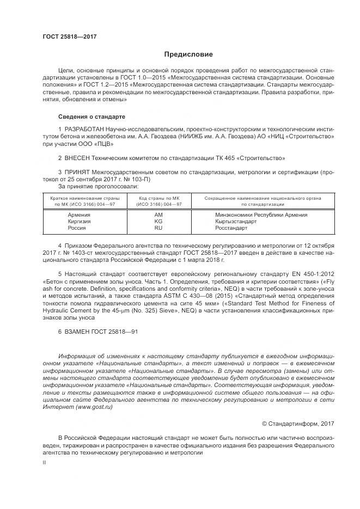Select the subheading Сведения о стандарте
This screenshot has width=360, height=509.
click(91, 117)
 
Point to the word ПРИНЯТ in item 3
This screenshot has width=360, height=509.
click(78, 171)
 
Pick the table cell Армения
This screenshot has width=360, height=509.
click(78, 215)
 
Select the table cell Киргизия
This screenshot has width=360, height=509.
click(79, 222)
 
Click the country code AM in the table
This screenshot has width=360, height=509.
click(158, 215)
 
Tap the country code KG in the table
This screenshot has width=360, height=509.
click(158, 222)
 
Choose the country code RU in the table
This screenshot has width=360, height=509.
click(158, 228)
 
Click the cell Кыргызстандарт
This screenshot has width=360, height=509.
click(237, 222)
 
